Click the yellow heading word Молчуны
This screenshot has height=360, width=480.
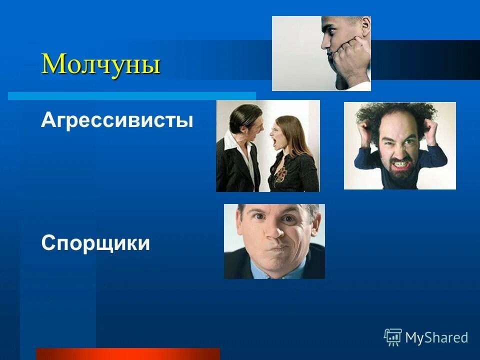pos(100,64)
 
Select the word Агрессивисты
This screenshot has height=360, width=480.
pos(117,120)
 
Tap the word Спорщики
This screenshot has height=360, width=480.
pos(95,243)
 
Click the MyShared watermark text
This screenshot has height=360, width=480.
pos(436,337)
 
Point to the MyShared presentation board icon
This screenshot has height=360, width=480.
pos(393,337)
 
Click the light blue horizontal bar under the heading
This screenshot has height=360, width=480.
pos(131,95)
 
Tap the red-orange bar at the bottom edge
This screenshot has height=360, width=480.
pos(127,353)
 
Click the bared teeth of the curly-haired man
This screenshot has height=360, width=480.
pos(401,163)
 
